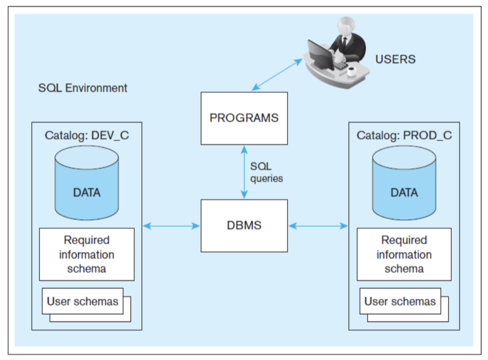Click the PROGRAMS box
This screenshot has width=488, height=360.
click(244, 118)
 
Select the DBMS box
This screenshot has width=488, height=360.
click(244, 225)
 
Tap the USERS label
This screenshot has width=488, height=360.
click(395, 59)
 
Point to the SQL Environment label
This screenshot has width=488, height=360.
click(83, 88)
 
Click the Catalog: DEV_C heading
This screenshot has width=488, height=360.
click(87, 135)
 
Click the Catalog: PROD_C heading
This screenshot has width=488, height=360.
click(404, 135)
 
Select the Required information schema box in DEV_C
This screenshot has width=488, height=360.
click(87, 254)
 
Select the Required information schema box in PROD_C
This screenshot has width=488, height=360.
click(404, 254)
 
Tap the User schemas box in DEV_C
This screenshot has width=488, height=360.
click(83, 301)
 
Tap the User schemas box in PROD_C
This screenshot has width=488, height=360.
click(400, 301)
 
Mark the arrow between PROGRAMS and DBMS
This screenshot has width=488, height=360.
click(244, 172)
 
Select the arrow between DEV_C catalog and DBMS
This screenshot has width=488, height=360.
click(170, 225)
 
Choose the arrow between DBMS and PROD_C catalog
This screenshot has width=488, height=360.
click(318, 225)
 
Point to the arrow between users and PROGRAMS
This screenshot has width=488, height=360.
click(279, 72)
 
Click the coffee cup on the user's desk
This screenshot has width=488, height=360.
click(351, 70)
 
